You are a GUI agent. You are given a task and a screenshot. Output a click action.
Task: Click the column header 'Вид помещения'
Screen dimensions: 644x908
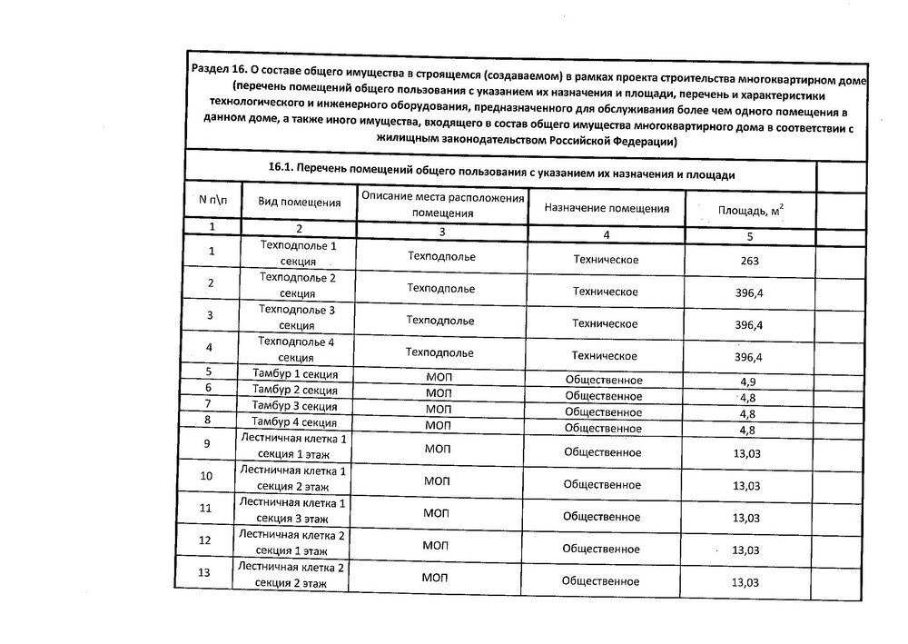[298, 203]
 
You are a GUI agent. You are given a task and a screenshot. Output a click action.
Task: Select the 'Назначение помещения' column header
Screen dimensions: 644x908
[607, 208]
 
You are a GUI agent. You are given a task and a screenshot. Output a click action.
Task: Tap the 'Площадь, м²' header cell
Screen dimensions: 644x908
[750, 211]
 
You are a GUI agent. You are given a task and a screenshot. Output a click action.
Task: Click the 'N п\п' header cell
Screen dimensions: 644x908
[212, 199]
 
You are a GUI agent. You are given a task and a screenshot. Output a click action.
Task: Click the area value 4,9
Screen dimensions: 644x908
[748, 381]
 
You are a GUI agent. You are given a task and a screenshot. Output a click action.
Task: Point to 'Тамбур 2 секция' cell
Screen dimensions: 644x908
[295, 390]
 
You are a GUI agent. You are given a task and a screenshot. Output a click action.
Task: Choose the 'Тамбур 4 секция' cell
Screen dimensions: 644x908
[295, 421]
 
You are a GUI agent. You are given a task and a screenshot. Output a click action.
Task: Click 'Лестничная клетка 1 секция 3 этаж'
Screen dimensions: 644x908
[292, 510]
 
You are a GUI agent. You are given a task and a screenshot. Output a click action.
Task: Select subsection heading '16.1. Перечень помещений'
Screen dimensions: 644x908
[501, 172]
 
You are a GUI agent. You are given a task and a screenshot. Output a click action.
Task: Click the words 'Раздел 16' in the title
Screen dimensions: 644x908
[219, 71]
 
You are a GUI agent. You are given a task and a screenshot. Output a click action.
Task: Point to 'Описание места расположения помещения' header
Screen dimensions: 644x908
[442, 205]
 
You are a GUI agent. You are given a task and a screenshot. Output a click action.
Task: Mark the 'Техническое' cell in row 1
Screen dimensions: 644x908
[606, 261]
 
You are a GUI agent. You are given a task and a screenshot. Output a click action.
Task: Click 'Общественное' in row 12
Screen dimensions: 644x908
[601, 549]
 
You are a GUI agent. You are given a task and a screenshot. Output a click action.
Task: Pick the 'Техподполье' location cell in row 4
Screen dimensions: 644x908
[441, 352]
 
